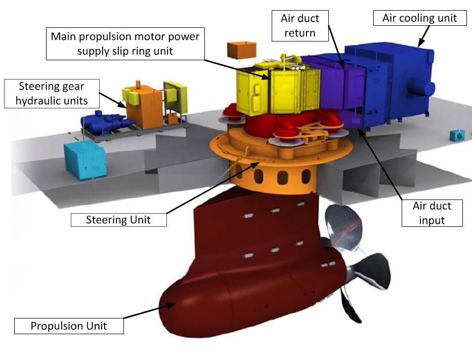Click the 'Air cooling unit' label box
pyautogui.click(x=419, y=18)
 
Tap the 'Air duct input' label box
pyautogui.click(x=432, y=213)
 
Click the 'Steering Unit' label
pyautogui.click(x=118, y=220)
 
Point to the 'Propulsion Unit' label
pyautogui.click(x=69, y=325)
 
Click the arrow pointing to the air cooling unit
pyautogui.click(x=423, y=35)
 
